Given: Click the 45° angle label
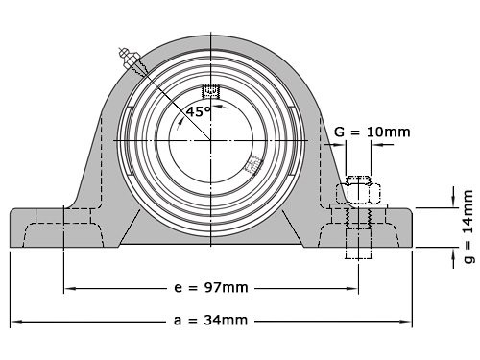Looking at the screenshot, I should tap(199, 111).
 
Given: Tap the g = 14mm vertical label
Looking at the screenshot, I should tap(468, 225).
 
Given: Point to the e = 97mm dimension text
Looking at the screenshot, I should tap(210, 288).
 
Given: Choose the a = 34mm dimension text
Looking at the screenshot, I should tap(210, 321).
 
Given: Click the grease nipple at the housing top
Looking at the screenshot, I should tap(129, 57).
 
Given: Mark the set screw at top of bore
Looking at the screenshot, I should tap(211, 92).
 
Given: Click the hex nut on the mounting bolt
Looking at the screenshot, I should tap(358, 192).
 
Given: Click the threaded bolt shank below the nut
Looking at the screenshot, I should tap(358, 240).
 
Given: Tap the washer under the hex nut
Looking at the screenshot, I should tap(358, 205).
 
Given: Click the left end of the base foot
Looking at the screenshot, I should tap(13, 228).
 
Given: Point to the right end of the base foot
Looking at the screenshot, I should tap(411, 228).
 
